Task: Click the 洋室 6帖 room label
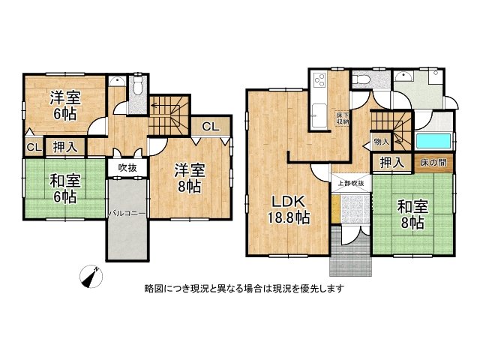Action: tap(63, 105)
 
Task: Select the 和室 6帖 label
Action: tap(63, 189)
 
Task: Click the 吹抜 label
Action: tap(127, 167)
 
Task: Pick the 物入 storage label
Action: tap(381, 141)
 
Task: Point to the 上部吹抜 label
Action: tap(349, 183)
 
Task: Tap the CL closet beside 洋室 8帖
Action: tap(211, 127)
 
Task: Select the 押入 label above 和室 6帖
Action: tap(65, 146)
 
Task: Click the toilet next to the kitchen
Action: tap(361, 79)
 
